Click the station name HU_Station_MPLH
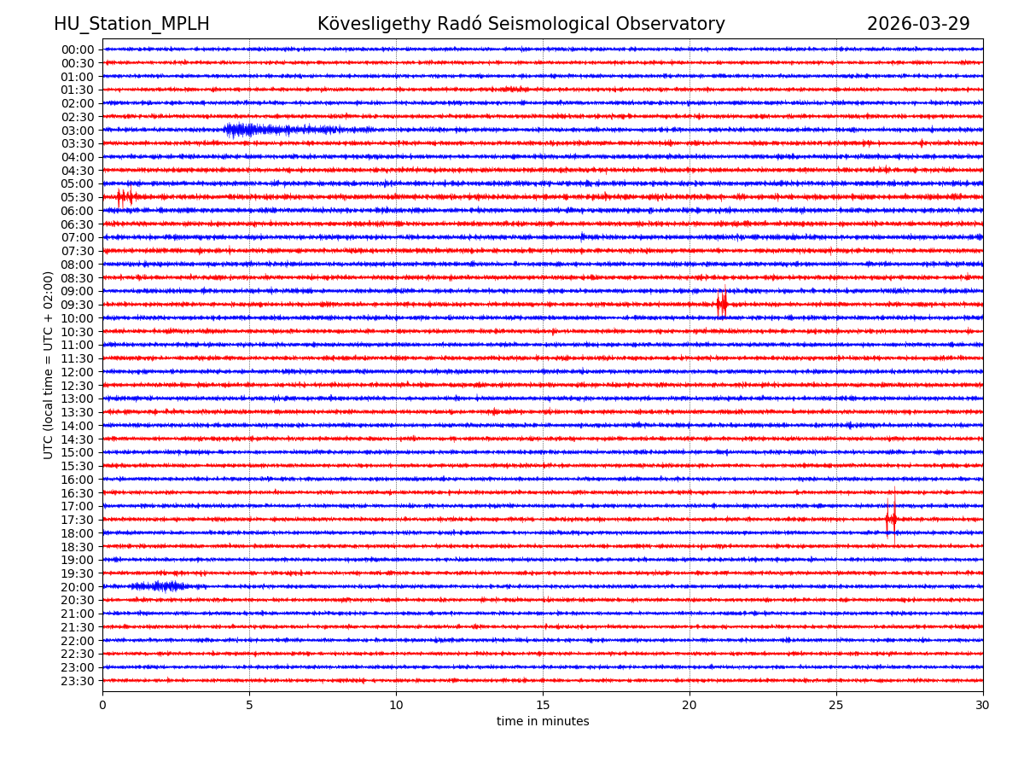coord(131,25)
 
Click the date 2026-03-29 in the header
coord(918,25)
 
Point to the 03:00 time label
coord(78,131)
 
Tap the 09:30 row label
coord(78,305)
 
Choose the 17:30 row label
coord(78,520)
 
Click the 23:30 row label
coord(78,681)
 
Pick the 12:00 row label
coord(78,372)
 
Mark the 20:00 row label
coord(78,587)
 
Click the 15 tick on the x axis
coord(543,706)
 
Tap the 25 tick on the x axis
coord(836,706)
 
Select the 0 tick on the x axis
coord(102,706)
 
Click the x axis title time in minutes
coord(543,722)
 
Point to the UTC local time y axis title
coord(49,365)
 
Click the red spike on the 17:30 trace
coord(891,519)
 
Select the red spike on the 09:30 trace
coord(722,304)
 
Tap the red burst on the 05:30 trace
coord(125,197)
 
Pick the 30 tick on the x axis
coord(983,706)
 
